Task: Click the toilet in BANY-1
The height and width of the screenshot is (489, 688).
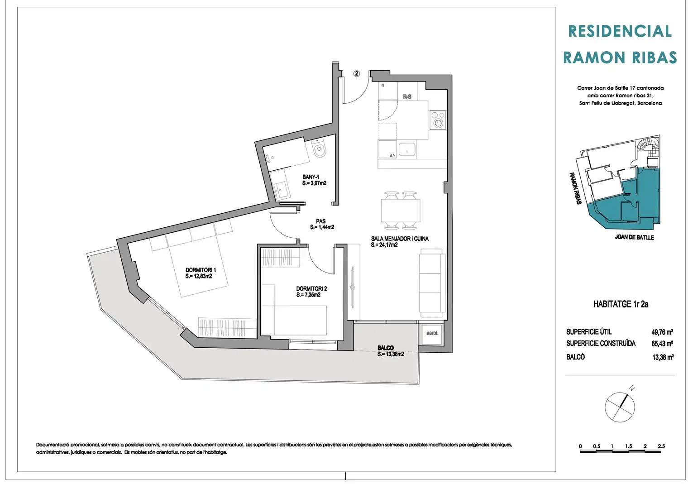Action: (x=319, y=148)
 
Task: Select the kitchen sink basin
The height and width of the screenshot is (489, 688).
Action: (x=407, y=150)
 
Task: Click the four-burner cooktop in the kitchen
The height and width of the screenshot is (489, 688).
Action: (x=438, y=120)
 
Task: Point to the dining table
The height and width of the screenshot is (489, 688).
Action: (x=401, y=211)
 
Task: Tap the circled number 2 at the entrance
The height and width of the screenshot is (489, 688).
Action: (x=356, y=73)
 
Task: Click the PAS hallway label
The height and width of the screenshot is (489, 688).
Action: (x=320, y=221)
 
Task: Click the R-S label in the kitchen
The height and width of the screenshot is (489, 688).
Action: (x=407, y=97)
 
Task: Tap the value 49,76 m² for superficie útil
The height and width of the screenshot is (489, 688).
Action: (x=662, y=332)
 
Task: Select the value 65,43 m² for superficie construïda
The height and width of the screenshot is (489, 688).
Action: (x=662, y=343)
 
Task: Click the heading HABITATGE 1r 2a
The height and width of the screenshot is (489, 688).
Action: (x=621, y=304)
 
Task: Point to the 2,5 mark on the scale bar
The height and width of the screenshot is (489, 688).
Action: (x=661, y=446)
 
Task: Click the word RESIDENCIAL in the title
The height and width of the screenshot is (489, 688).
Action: (x=620, y=31)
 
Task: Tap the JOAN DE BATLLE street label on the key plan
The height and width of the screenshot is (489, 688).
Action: (x=634, y=237)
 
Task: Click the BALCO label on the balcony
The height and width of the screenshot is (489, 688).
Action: (x=386, y=348)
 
